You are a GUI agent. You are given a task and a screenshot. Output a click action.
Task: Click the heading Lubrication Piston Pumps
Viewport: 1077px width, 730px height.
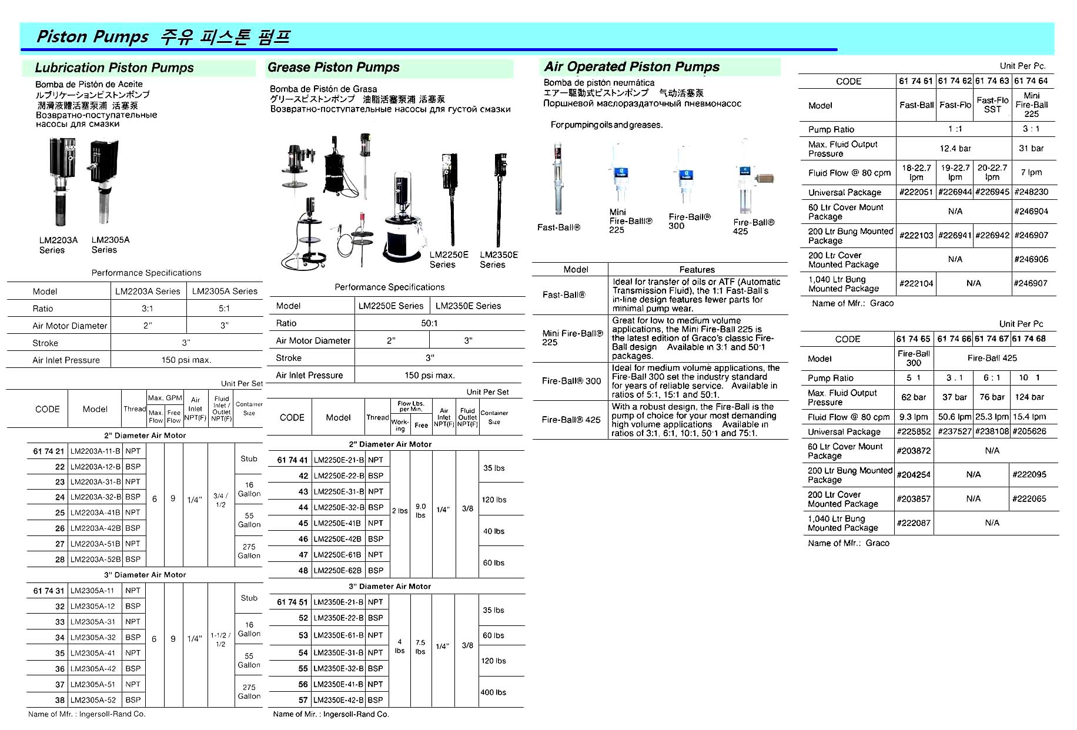pos(114,68)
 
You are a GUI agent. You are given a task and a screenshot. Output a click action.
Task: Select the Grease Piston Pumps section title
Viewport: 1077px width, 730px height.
pos(333,68)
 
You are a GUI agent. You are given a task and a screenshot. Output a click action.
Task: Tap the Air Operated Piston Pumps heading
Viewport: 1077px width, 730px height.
pos(631,67)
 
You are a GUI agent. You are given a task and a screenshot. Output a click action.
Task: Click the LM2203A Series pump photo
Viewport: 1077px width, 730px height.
pos(62,182)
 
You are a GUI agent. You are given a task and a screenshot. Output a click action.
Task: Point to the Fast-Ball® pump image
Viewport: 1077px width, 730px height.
pos(557,179)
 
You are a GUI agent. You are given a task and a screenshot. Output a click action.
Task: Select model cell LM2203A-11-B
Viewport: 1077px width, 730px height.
pos(95,451)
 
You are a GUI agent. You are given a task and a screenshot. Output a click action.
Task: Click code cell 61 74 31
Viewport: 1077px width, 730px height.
pos(48,591)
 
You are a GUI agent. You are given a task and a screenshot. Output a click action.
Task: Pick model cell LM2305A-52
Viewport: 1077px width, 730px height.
pos(93,700)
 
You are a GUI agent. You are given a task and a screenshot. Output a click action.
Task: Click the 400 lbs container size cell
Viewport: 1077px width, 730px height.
pos(493,692)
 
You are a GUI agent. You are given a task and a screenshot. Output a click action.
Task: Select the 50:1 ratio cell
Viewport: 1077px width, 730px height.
pos(429,323)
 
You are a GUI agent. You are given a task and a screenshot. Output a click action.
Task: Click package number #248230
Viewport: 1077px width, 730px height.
pos(1031,192)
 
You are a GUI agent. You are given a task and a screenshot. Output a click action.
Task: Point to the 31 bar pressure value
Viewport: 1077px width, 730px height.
pos(1031,149)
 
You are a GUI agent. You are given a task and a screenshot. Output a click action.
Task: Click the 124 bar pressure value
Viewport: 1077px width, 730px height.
pos(1029,397)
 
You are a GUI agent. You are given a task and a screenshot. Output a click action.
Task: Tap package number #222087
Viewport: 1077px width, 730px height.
pos(913,523)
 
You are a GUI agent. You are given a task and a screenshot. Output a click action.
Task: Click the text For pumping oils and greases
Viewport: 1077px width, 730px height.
pos(606,125)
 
